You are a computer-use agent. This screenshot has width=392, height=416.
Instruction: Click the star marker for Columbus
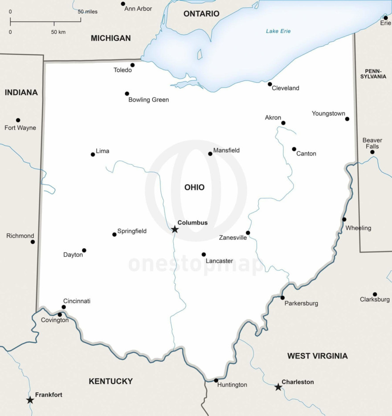(175, 230)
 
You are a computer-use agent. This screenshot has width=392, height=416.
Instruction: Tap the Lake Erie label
(278, 31)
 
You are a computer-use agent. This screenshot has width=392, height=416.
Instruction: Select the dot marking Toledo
(132, 65)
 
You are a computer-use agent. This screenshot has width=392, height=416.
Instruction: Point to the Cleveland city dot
(269, 84)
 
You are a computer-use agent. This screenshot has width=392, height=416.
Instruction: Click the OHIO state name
(195, 187)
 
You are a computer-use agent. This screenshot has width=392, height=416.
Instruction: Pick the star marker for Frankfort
(30, 400)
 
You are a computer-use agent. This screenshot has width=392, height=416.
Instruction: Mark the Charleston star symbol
(278, 387)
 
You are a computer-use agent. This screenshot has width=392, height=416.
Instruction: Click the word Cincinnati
(77, 301)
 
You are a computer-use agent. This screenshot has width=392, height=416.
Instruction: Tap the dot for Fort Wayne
(18, 120)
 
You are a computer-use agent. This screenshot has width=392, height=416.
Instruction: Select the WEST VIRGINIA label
(317, 356)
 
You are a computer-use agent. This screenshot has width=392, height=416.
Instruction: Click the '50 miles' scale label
(87, 12)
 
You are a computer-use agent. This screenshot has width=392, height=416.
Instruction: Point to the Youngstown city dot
(347, 119)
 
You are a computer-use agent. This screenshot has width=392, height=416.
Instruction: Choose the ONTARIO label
(201, 14)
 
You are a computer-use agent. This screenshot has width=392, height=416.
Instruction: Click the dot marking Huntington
(216, 380)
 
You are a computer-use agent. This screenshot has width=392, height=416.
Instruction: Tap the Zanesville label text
(233, 238)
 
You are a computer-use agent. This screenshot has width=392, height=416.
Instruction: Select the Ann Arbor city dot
(123, 4)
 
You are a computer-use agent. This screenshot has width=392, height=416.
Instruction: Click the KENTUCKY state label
(110, 381)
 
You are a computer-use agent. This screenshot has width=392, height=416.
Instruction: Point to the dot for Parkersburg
(282, 298)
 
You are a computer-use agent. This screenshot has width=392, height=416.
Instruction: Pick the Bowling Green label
(148, 100)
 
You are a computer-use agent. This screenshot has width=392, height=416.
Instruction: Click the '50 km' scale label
(58, 32)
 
